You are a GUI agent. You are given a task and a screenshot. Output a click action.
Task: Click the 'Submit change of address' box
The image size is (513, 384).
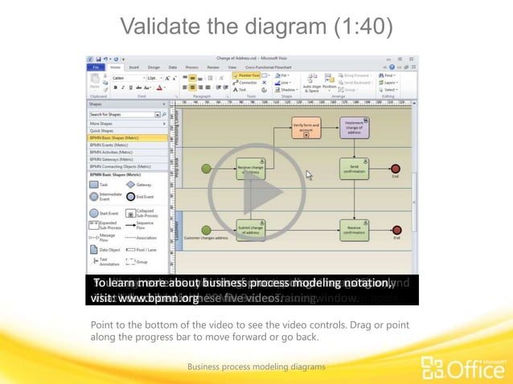click(x=251, y=230)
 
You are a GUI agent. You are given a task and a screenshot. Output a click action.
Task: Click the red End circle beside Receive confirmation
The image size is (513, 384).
click(x=396, y=230)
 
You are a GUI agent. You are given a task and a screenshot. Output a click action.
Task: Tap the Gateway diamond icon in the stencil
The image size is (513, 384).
click(x=132, y=184)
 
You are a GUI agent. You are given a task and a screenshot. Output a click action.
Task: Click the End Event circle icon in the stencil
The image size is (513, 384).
click(x=132, y=197)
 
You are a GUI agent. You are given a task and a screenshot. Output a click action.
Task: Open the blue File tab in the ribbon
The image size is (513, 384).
click(x=96, y=67)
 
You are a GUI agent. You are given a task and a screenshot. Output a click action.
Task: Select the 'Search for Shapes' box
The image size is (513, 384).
click(x=125, y=115)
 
